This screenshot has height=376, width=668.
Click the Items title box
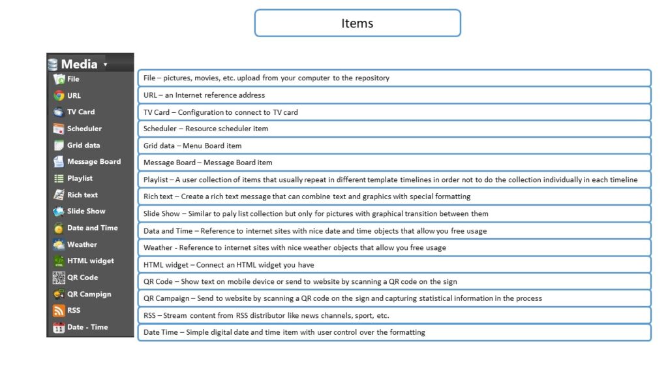[x=357, y=23]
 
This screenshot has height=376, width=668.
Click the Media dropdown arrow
[x=106, y=65]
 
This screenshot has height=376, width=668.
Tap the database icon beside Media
[x=53, y=65]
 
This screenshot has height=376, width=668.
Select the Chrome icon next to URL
[x=59, y=95]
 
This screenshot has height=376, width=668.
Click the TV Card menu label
[x=81, y=112]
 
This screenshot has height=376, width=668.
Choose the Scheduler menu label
[x=84, y=129]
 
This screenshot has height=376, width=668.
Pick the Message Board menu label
[x=94, y=161]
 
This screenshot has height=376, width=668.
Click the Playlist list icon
[x=59, y=178]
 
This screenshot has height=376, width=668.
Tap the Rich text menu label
[x=82, y=195]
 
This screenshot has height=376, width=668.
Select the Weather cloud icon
[x=59, y=245]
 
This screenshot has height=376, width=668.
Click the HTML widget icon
[x=59, y=261]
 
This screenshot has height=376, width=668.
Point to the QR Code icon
[x=59, y=277]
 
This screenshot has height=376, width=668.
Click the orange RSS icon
[x=59, y=311]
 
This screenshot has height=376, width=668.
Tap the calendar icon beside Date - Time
[x=59, y=328]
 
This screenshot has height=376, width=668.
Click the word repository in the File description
[x=372, y=78]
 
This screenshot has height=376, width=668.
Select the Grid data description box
[x=394, y=146]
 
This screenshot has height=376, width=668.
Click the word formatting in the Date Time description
[x=408, y=332]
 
